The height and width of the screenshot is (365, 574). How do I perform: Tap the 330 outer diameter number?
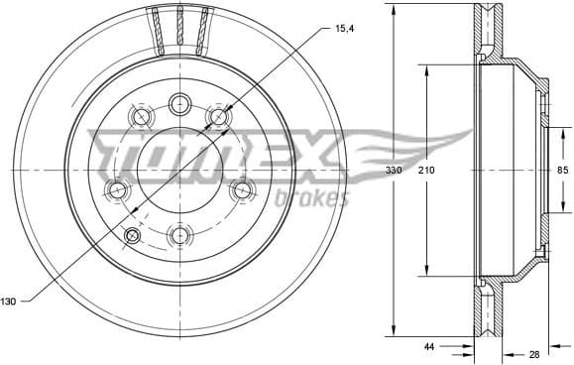[x=394, y=172]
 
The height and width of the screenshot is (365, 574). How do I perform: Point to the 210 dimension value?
[x=426, y=172]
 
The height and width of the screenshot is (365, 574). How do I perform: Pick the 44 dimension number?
[x=429, y=348]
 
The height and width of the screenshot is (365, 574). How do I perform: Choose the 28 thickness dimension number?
[x=535, y=354]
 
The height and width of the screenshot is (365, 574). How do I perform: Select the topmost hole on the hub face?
[x=179, y=103]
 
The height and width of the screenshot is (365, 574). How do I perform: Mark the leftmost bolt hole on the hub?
[x=118, y=188]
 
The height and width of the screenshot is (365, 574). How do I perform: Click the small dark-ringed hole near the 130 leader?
[x=133, y=234]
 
